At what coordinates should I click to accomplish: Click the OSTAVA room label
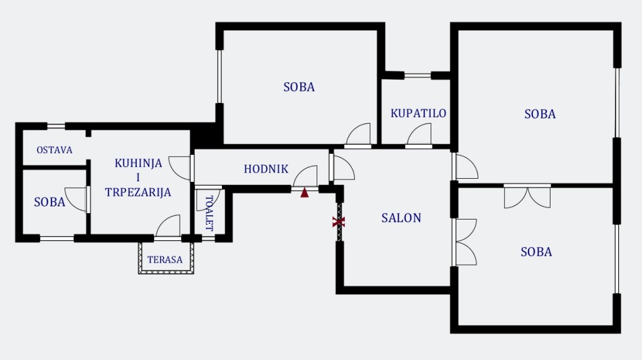tap(55, 151)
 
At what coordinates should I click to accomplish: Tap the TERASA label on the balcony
tap(165, 260)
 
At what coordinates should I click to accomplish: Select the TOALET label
tap(209, 213)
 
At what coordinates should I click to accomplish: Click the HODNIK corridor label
tap(266, 169)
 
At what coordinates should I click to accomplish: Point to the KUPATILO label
tap(418, 114)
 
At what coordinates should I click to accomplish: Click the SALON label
tap(401, 218)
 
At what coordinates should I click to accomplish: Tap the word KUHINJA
tap(138, 164)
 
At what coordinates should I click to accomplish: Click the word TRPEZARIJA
tap(138, 193)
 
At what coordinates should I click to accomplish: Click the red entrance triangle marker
tap(305, 193)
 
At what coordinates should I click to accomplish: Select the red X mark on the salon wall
tap(339, 221)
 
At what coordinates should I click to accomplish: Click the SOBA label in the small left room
tap(50, 202)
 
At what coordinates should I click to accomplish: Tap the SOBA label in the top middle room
tap(299, 87)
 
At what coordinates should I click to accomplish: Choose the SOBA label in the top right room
tap(540, 114)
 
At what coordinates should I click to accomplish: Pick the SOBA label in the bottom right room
tap(536, 252)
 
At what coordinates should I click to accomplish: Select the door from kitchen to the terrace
tap(168, 227)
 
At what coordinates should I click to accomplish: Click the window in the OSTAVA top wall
tap(56, 126)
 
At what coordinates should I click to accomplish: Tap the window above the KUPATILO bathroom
tap(417, 75)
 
